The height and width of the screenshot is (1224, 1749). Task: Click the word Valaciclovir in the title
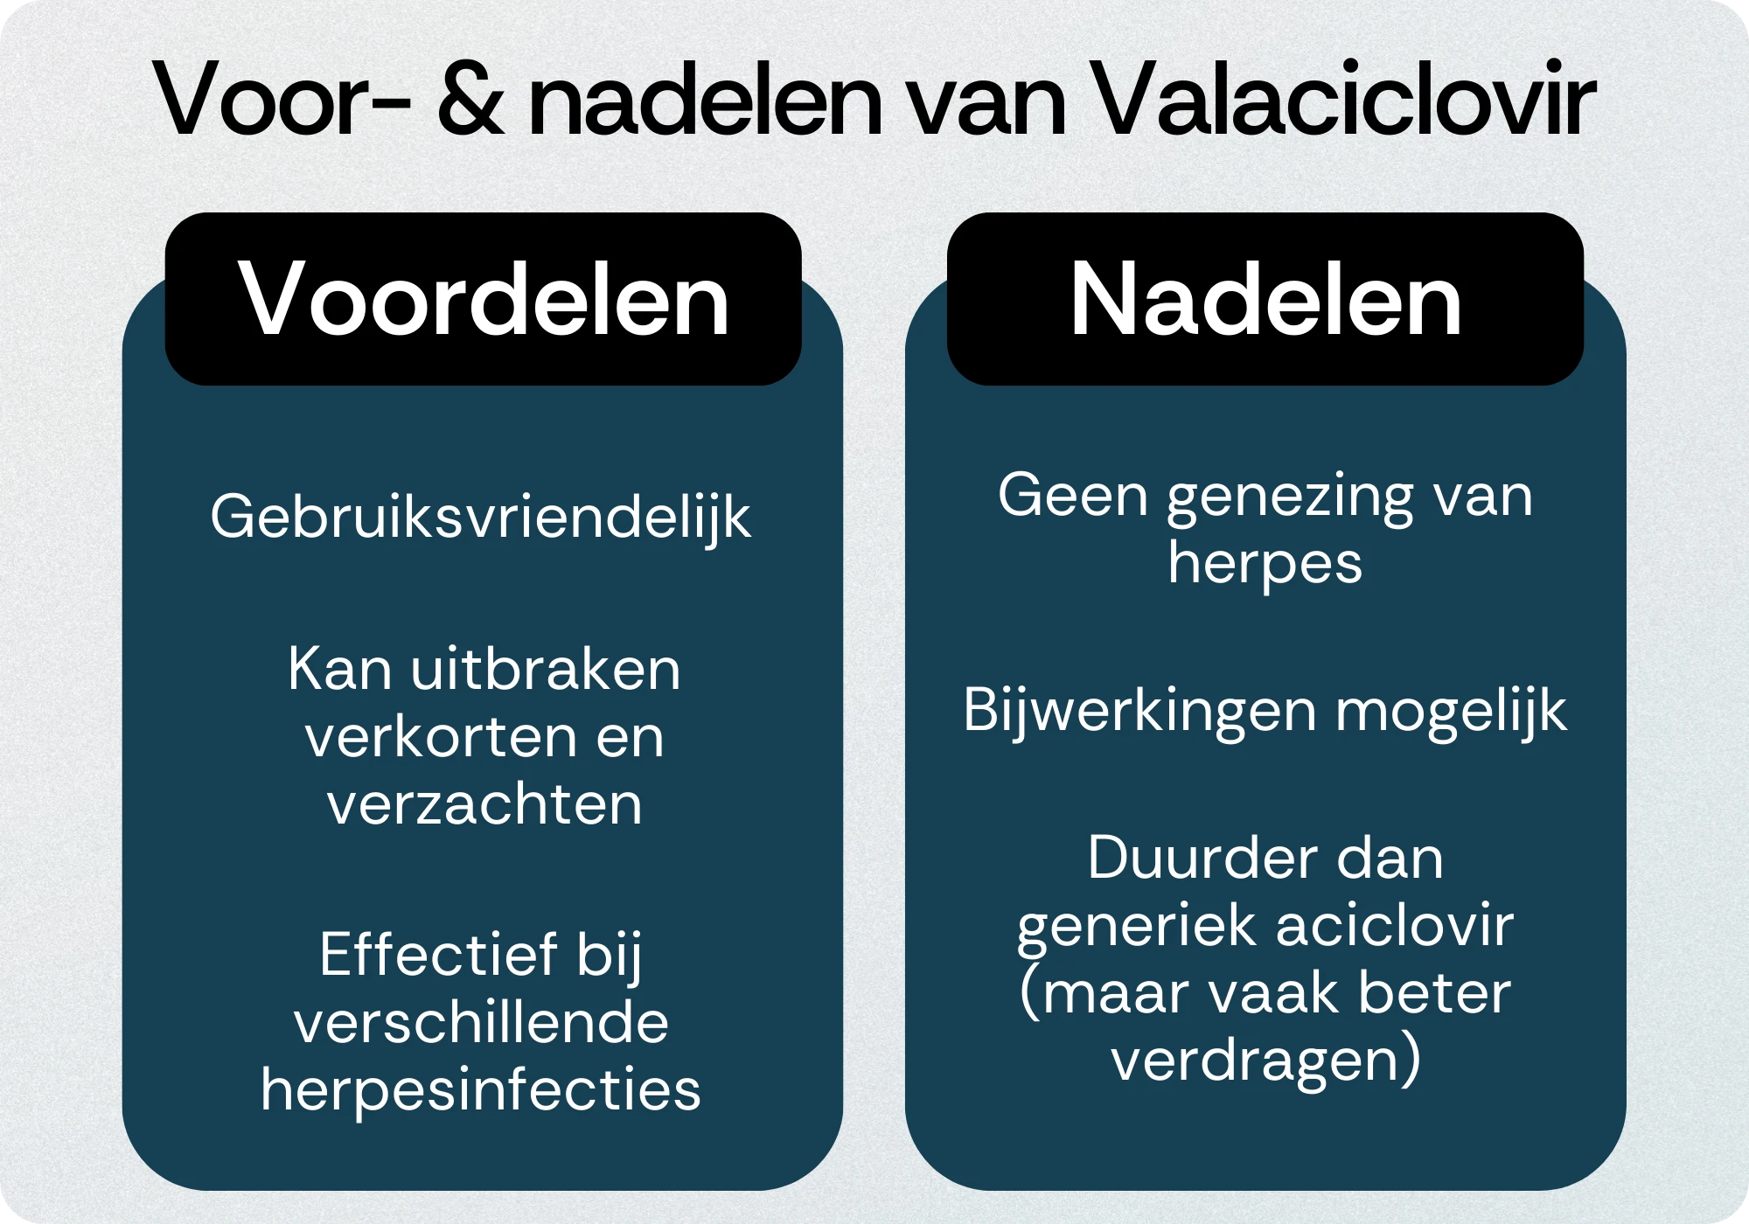[x=1344, y=98]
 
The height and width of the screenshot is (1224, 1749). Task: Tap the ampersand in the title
[x=470, y=98]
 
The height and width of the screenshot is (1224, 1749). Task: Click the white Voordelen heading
[x=484, y=299]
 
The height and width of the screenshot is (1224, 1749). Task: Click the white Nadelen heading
[x=1265, y=299]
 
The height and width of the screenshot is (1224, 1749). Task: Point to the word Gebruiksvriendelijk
[x=481, y=518]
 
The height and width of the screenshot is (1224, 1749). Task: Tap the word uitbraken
[x=546, y=670]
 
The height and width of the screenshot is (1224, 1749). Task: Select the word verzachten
[x=484, y=804]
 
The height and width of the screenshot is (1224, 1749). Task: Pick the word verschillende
[x=481, y=1022]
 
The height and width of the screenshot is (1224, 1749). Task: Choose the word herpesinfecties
[x=481, y=1091]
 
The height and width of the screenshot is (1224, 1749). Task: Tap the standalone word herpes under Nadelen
[x=1265, y=564]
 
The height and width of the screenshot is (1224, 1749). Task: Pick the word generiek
[x=1136, y=927]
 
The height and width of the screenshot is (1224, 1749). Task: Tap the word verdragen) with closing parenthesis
[x=1265, y=1061]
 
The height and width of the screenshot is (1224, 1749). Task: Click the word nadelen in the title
[x=707, y=98]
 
